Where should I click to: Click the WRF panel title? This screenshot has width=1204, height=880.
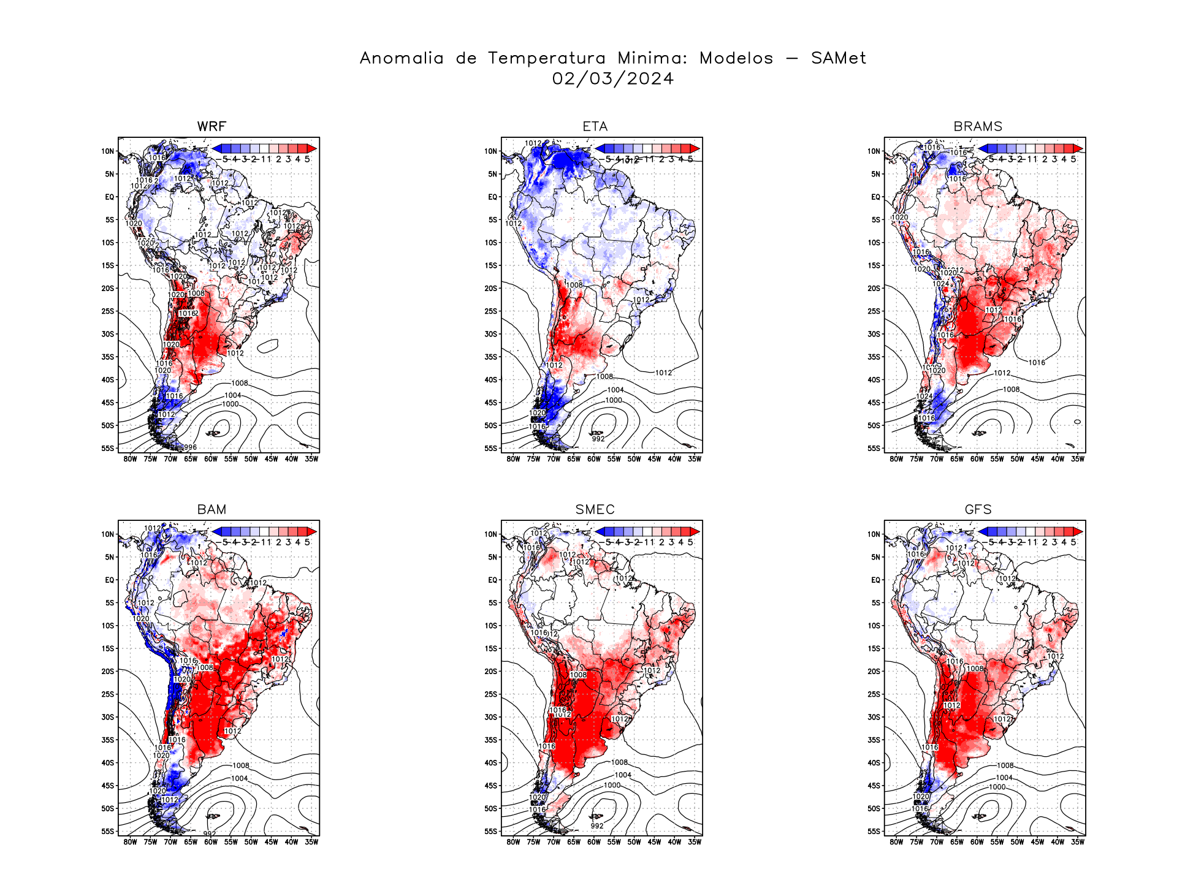pos(211,126)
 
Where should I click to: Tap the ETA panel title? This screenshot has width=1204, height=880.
pos(595,126)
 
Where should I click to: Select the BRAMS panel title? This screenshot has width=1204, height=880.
pos(978,126)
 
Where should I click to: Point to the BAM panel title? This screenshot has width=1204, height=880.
pos(211,509)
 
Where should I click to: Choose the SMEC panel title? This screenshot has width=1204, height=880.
pos(595,509)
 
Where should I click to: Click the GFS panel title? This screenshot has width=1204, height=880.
pos(978,509)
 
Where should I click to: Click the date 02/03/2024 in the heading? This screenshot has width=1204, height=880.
pos(612,79)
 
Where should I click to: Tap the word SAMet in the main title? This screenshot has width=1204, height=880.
pos(838,58)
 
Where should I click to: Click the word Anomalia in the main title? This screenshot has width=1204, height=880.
pos(402,58)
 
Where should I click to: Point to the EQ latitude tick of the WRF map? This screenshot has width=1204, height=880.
pos(109,197)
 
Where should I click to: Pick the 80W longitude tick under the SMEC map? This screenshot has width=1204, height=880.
pos(513,842)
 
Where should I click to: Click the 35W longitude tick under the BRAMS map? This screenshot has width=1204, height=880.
pos(1078,459)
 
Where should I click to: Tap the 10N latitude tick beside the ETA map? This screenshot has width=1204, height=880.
pos(490,151)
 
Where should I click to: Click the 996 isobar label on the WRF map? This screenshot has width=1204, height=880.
pos(190,447)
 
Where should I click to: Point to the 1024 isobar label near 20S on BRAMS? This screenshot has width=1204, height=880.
pos(940,284)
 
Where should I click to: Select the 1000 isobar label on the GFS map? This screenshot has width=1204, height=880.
pos(997,787)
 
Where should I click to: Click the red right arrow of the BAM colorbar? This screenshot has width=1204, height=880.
pos(313,531)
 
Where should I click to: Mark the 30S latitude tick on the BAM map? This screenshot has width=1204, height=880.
pos(108,717)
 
